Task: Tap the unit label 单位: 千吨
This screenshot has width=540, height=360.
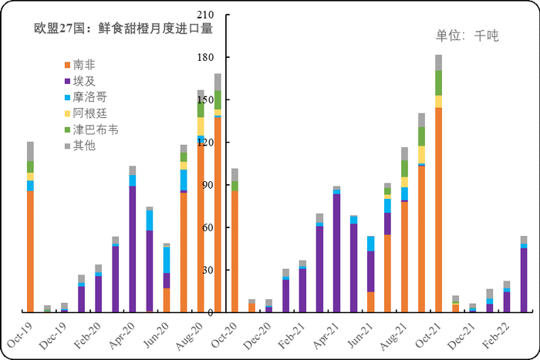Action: (467, 35)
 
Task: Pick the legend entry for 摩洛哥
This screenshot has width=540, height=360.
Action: (89, 97)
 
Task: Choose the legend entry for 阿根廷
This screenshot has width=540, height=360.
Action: (89, 113)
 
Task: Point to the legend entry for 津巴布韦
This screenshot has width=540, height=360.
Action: (94, 130)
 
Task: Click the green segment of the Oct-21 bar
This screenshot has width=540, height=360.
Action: (438, 82)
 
